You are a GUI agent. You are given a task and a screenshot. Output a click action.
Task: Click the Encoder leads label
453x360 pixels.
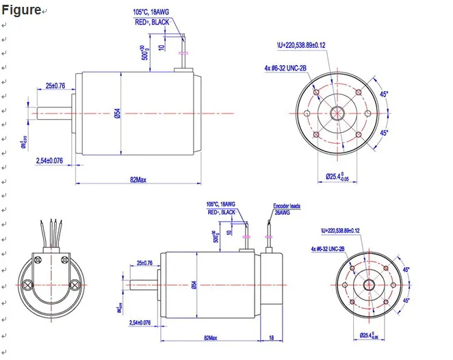point(286,205)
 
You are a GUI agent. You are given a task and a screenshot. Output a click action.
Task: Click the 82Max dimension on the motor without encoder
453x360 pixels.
point(138,179)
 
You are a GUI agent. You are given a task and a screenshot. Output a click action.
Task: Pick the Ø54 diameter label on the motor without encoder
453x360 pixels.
point(117,114)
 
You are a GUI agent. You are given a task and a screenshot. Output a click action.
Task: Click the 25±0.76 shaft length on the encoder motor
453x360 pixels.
point(145,263)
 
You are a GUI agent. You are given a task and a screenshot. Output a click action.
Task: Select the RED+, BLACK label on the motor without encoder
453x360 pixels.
point(152,22)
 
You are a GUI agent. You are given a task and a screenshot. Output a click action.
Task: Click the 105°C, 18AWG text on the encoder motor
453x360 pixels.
point(220,204)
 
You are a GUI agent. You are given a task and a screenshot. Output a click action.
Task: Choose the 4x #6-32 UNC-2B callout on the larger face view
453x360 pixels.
point(285,68)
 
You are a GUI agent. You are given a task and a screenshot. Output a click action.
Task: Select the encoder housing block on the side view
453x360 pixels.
point(272,285)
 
